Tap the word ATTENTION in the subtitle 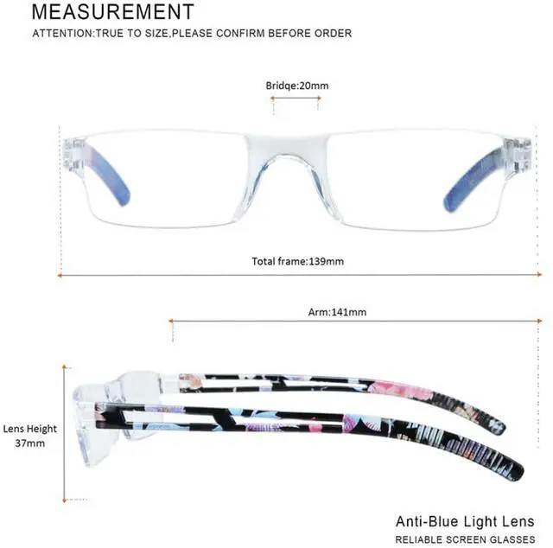coord(60,34)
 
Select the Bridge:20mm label coord(296,86)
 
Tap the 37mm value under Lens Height coord(30,443)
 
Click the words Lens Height coord(30,429)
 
